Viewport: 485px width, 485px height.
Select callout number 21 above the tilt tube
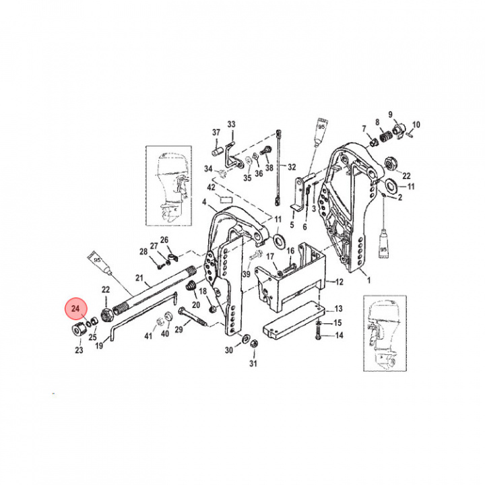(x=140, y=278)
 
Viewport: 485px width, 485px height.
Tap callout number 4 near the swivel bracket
(x=205, y=201)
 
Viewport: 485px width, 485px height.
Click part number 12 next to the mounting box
(x=339, y=281)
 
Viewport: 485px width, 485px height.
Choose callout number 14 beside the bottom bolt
(x=338, y=335)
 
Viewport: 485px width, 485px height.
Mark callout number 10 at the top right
(x=416, y=125)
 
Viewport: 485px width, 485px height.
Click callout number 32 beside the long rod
(x=292, y=166)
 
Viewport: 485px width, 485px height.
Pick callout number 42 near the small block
(x=211, y=187)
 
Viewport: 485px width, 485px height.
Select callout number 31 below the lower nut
(x=254, y=364)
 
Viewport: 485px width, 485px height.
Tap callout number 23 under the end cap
(x=79, y=350)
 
